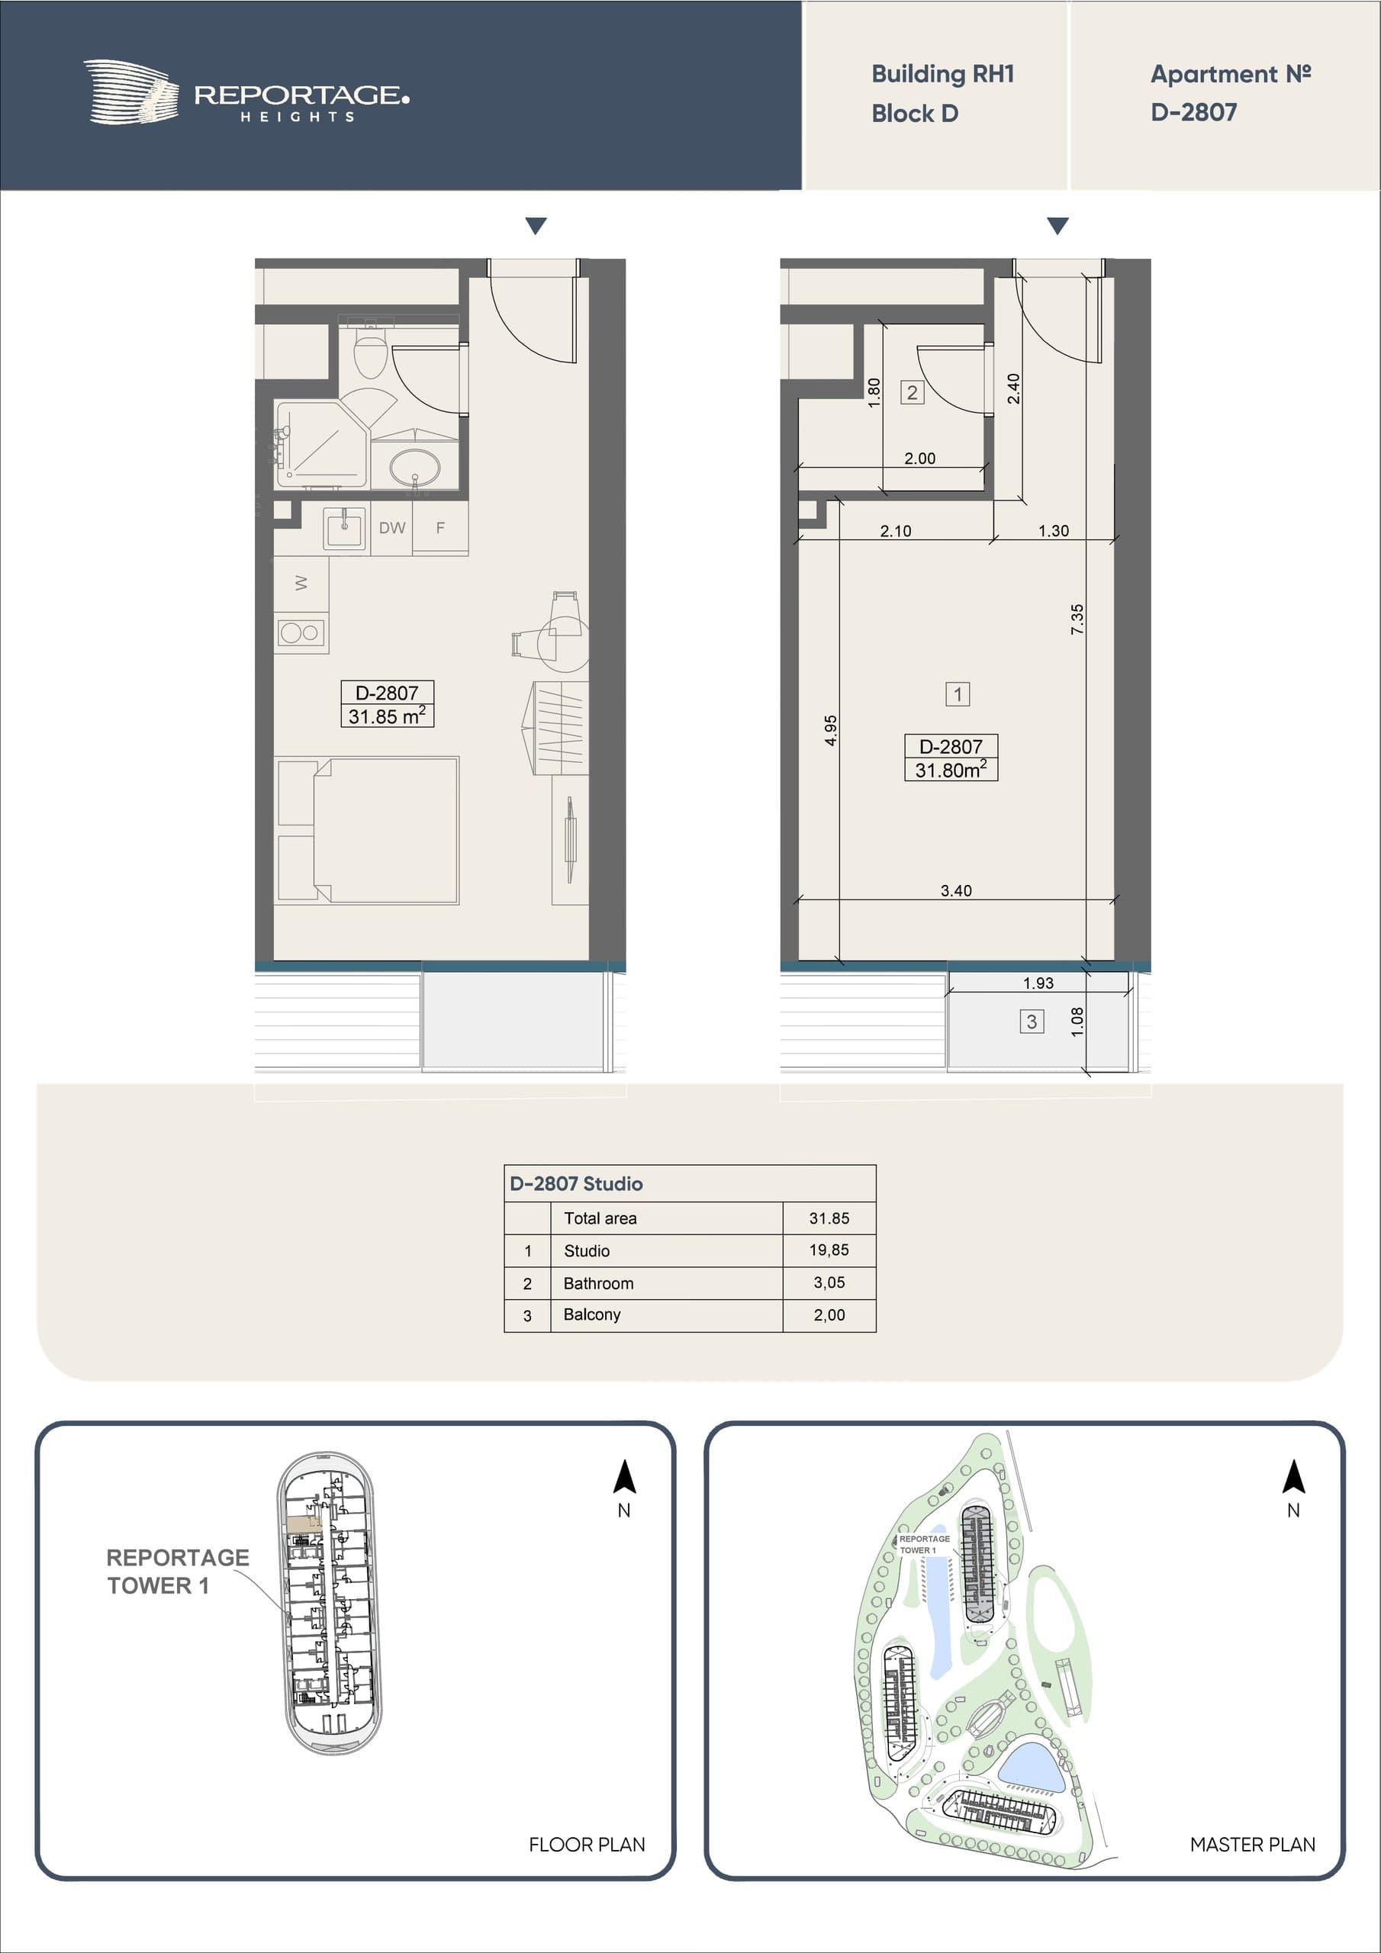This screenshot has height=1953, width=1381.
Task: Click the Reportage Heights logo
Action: [246, 92]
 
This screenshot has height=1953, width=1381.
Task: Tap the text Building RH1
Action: [943, 74]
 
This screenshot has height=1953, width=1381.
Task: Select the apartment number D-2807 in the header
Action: [1194, 112]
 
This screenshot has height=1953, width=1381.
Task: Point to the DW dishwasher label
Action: [392, 527]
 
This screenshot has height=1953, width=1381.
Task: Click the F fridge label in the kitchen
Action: [440, 527]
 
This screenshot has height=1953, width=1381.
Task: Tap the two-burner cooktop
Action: [301, 632]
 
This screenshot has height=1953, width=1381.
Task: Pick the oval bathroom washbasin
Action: [415, 466]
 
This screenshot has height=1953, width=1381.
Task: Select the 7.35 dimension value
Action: [1077, 619]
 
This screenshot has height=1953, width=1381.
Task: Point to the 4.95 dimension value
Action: [830, 730]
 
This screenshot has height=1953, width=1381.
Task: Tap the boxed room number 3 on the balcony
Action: [1032, 1021]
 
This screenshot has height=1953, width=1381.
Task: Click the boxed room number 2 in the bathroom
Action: [913, 392]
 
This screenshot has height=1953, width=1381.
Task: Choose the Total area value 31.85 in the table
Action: [829, 1218]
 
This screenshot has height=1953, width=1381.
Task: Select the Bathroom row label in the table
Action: [598, 1282]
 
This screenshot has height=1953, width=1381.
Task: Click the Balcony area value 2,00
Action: [829, 1315]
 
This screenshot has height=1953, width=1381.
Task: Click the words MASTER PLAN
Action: [1253, 1844]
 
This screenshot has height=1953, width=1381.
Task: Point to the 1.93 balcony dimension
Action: [1038, 983]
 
